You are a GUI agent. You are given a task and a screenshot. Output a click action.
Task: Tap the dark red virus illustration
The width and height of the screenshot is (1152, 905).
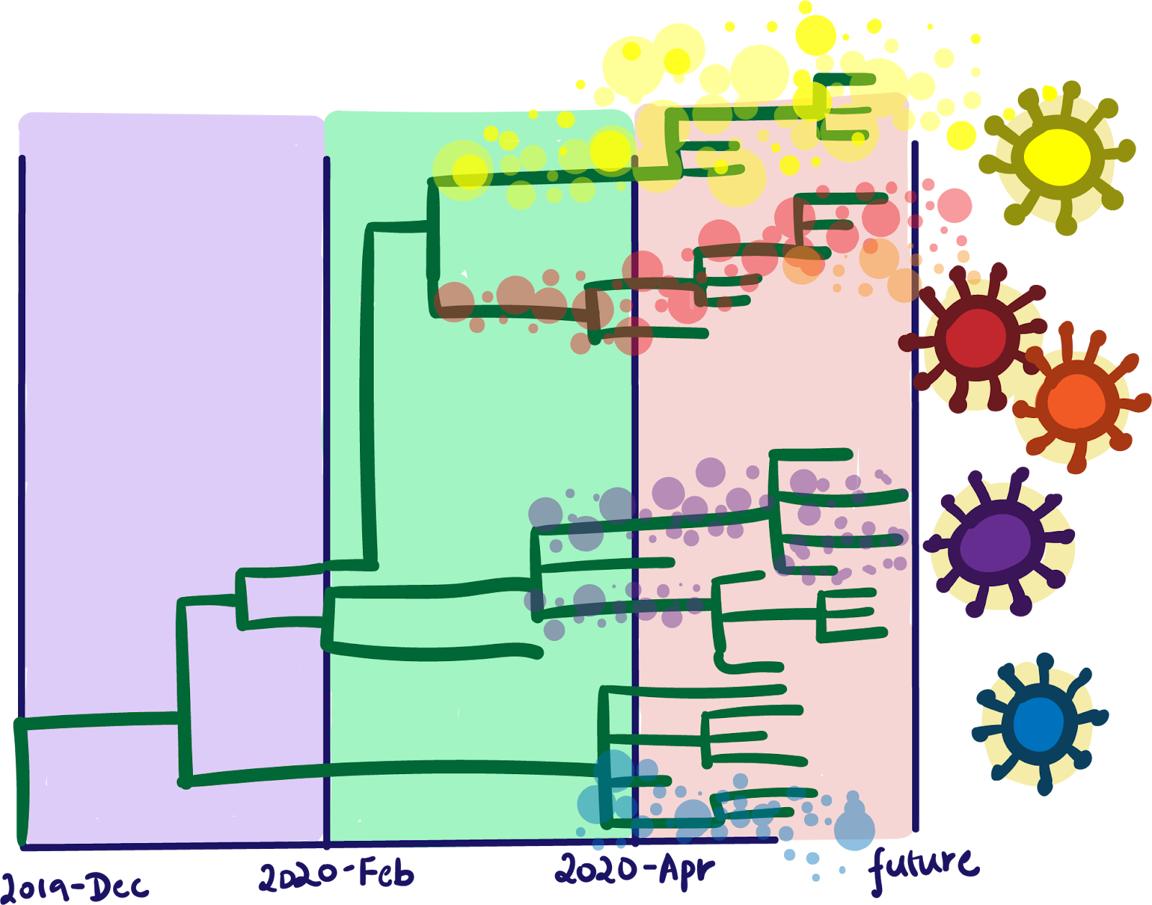tap(976, 337)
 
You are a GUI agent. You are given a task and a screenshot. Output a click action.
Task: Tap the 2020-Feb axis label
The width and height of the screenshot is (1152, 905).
tap(336, 875)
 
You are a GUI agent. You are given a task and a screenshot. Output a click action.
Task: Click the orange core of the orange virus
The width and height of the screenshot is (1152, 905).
tap(1076, 401)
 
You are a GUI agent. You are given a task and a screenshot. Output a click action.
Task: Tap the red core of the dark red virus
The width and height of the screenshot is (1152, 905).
tap(976, 337)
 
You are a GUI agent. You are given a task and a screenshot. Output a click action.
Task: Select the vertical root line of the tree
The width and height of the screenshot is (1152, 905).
tap(22, 781)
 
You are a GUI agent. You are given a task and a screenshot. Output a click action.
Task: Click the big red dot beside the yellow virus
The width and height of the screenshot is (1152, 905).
tap(955, 205)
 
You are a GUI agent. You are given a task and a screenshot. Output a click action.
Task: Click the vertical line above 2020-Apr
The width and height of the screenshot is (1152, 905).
tap(635, 432)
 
